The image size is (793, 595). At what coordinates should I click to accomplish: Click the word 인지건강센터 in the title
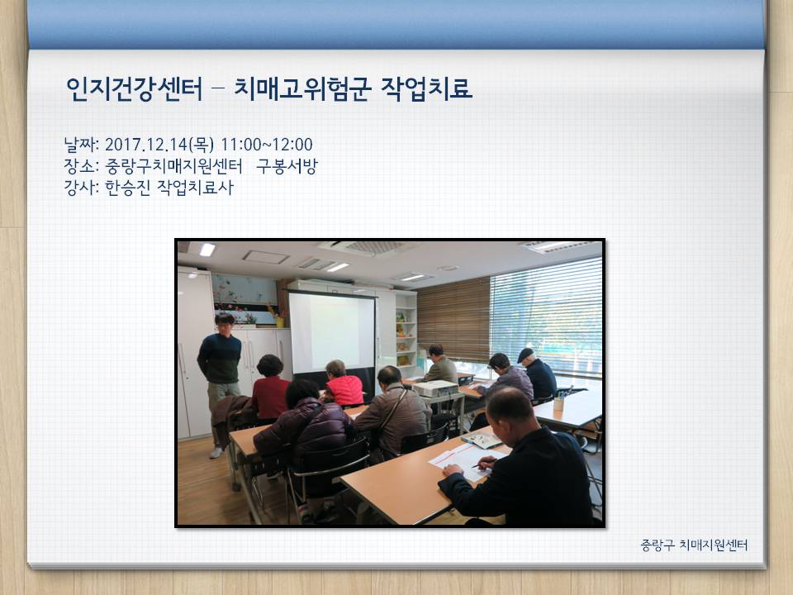click(134, 89)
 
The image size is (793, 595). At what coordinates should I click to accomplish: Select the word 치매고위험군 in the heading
click(302, 89)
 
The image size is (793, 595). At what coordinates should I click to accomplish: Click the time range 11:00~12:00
click(267, 145)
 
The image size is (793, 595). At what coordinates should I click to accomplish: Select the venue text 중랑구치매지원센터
click(173, 166)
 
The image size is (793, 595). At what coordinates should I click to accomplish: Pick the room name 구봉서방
click(287, 166)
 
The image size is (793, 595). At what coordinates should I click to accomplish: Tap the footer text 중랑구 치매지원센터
click(694, 545)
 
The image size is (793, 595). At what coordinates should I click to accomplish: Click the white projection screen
click(332, 332)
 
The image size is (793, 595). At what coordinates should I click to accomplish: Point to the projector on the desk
click(435, 388)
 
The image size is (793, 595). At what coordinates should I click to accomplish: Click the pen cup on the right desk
click(559, 403)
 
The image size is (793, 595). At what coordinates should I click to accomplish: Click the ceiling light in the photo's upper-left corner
click(207, 250)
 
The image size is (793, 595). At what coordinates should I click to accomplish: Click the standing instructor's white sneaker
click(216, 453)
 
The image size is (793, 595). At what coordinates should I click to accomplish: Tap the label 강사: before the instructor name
click(82, 188)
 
